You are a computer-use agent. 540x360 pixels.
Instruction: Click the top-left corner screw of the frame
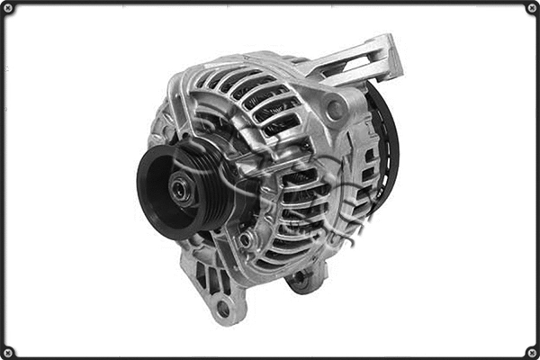(x=8, y=8)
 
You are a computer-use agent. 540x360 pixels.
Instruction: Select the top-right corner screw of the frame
(x=532, y=8)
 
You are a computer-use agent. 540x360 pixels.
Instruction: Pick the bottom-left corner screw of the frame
(x=8, y=352)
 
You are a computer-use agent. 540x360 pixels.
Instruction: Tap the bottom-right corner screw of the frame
(x=532, y=352)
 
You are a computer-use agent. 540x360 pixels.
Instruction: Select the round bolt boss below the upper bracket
(x=336, y=111)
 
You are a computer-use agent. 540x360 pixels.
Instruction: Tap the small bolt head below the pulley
(x=245, y=241)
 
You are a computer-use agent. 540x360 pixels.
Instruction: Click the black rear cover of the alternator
(x=385, y=144)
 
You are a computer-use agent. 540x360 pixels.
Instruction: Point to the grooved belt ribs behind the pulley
(x=209, y=171)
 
